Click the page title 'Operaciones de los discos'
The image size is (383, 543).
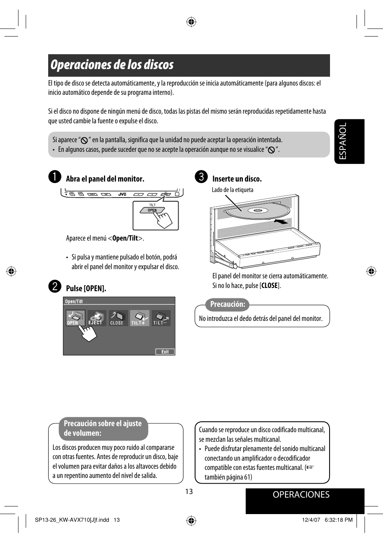pyautogui.click(x=112, y=65)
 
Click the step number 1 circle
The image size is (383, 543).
pyautogui.click(x=55, y=177)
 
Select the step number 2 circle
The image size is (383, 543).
pyautogui.click(x=55, y=286)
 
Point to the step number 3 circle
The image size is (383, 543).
pyautogui.click(x=201, y=177)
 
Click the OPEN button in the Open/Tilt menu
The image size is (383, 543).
pyautogui.click(x=75, y=318)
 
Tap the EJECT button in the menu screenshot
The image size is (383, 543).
pyautogui.click(x=96, y=318)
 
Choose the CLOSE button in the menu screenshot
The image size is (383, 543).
pyautogui.click(x=118, y=318)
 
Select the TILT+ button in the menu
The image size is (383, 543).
pyautogui.click(x=139, y=318)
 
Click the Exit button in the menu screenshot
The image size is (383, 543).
pyautogui.click(x=165, y=352)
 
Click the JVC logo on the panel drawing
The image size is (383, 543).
pyautogui.click(x=122, y=194)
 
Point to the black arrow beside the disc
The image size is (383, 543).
pyautogui.click(x=281, y=221)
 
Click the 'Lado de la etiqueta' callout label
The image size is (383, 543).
pyautogui.click(x=232, y=190)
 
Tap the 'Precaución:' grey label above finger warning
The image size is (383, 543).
pyautogui.click(x=228, y=304)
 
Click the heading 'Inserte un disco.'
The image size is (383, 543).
pyautogui.click(x=237, y=179)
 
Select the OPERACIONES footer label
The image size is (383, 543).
pyautogui.click(x=301, y=495)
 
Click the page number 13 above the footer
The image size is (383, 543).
pyautogui.click(x=189, y=492)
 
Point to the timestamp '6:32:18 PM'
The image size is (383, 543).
pyautogui.click(x=338, y=520)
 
